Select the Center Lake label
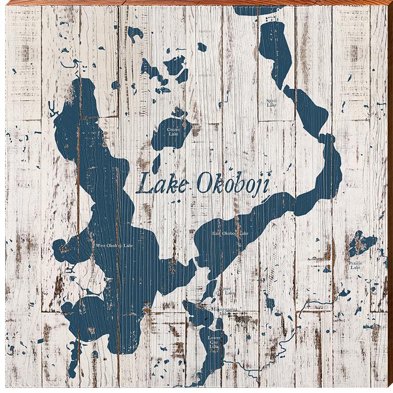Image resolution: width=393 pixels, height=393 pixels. (173, 132)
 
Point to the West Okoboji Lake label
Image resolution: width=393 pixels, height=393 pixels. (114, 245)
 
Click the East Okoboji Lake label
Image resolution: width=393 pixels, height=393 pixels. (230, 233)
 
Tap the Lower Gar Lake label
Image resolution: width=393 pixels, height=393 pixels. (214, 342)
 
